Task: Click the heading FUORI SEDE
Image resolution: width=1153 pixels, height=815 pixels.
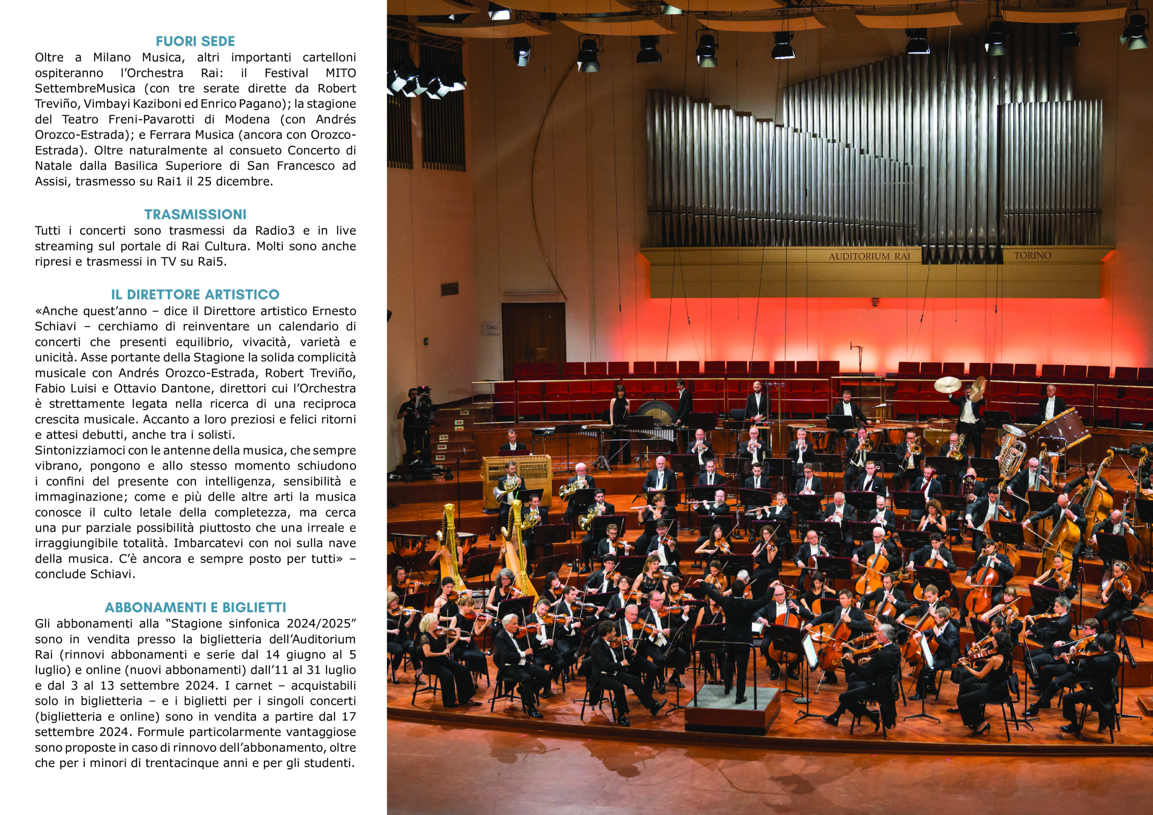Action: coord(195,41)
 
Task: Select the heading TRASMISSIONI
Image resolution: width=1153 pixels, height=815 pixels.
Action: coord(195,214)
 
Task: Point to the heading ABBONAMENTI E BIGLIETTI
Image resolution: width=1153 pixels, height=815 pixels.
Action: coord(195,607)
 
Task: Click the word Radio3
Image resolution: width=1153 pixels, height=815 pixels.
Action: coord(275,230)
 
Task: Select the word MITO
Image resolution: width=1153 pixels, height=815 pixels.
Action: coord(340,73)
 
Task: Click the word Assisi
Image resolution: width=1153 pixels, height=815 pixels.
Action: coord(51,181)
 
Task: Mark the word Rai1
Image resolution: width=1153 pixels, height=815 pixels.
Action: coord(169,181)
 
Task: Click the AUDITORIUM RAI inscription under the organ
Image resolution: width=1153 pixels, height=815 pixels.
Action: coord(869,257)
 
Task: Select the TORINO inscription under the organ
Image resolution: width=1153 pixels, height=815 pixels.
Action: coord(1032,256)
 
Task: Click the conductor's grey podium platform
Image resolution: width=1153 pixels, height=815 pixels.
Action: coord(732,707)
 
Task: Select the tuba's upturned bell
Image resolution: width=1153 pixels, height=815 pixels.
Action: coord(1012,432)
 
